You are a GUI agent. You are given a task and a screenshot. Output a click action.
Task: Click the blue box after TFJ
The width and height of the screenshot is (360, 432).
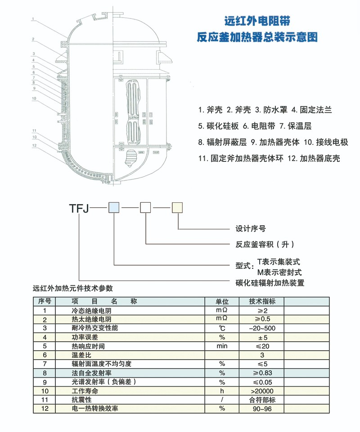point(113,208)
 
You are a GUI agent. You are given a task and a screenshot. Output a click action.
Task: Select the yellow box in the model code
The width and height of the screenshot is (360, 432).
point(177,208)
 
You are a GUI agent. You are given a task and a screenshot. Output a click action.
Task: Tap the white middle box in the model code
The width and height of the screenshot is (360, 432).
point(146,208)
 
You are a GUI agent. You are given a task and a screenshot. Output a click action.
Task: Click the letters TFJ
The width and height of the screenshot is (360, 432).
point(80,208)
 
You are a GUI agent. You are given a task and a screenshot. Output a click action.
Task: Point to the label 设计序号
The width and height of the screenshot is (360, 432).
point(251,229)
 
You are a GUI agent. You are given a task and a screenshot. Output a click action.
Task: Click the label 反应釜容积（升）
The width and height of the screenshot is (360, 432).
point(265,245)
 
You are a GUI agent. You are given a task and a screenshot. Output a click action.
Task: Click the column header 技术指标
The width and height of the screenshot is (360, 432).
point(262,302)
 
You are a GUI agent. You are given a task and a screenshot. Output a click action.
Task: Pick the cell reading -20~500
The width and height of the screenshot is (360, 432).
point(262,328)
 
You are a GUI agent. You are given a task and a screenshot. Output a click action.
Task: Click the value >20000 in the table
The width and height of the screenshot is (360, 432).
point(262,391)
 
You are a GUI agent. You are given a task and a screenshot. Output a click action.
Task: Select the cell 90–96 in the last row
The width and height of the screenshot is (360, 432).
point(262,409)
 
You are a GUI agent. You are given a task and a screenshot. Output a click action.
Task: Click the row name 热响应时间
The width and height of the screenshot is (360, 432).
point(88,346)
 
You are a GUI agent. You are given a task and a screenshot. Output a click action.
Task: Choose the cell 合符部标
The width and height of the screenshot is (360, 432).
point(262,400)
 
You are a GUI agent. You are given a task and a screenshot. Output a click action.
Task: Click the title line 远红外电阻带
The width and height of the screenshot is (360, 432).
point(257,21)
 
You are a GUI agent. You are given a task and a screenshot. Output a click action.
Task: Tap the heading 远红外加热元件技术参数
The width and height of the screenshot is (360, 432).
point(73,288)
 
